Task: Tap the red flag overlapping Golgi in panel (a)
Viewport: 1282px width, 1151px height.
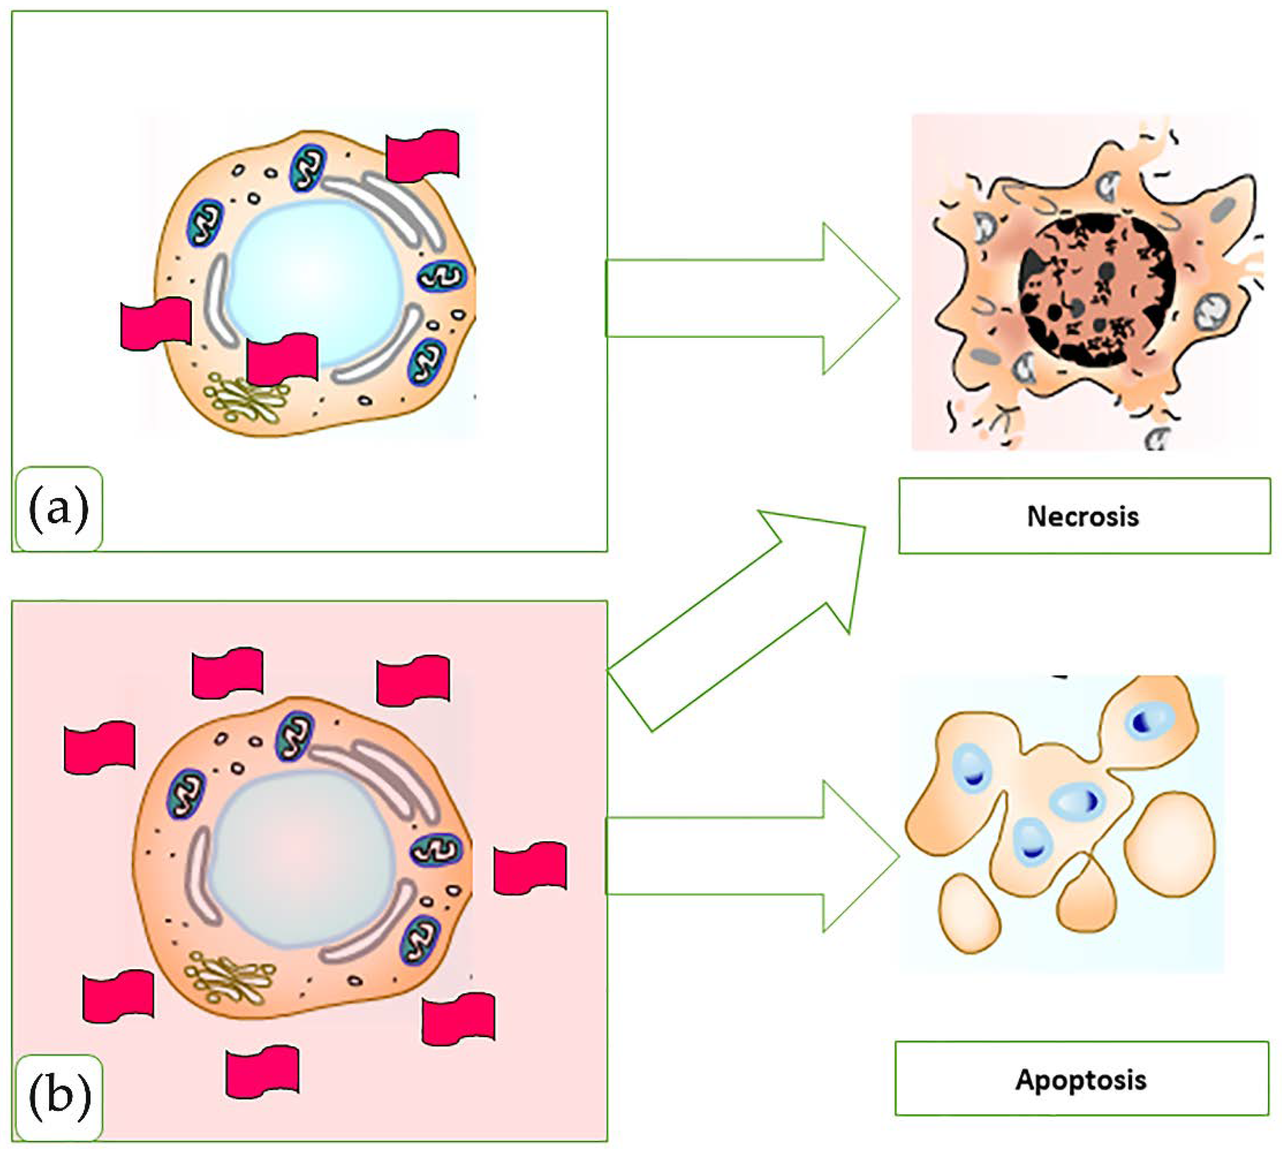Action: tap(282, 359)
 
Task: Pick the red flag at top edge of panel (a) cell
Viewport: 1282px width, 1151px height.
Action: tap(423, 155)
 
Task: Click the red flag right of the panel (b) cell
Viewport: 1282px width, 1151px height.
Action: tap(530, 868)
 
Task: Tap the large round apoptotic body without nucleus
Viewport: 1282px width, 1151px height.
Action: tap(1170, 844)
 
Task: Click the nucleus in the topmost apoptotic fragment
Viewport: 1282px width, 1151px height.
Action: tap(1149, 721)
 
